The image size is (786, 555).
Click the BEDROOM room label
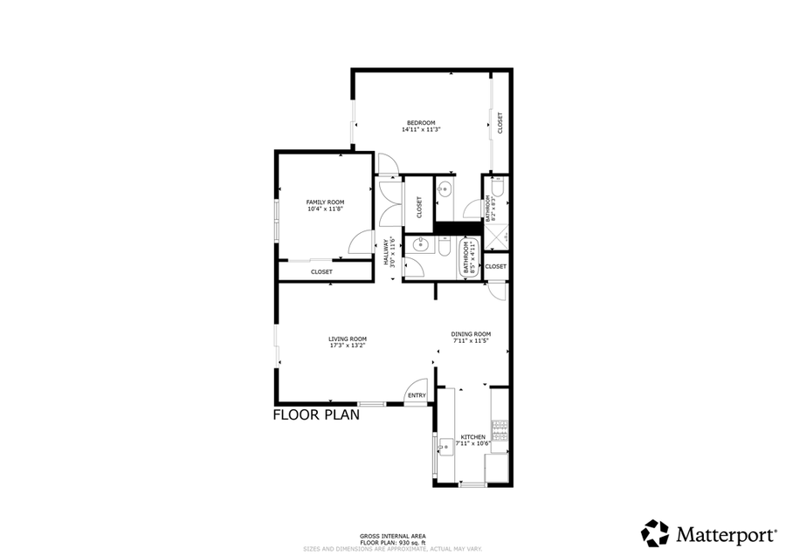tap(420, 122)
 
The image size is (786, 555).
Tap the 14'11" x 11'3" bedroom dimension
tap(420, 129)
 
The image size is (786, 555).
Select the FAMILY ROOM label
tap(324, 202)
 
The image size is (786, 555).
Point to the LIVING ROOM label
tap(347, 339)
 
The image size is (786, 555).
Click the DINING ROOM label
tap(471, 333)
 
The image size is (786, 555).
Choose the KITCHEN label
tap(472, 437)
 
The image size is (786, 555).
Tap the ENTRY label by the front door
tap(417, 396)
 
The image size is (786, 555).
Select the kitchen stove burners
tap(500, 429)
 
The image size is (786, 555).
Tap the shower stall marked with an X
tap(498, 237)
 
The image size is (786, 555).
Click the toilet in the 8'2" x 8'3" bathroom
tap(497, 186)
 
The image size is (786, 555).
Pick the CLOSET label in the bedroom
tap(500, 122)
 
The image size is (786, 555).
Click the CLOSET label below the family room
tap(321, 272)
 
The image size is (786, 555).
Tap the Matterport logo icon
tap(655, 533)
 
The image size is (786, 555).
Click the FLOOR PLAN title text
tap(316, 415)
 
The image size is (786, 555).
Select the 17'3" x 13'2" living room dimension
tap(347, 346)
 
